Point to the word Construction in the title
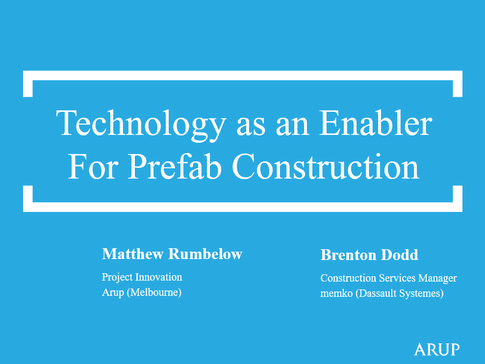click(326, 166)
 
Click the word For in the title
click(92, 166)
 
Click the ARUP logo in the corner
click(436, 349)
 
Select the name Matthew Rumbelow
click(172, 254)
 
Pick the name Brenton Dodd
click(369, 255)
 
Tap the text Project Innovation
click(142, 277)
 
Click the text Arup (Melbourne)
click(142, 293)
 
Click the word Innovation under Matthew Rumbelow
click(158, 277)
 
